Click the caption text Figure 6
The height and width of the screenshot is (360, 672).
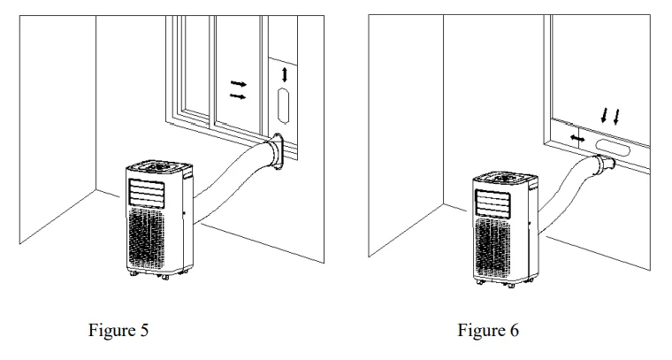point(490,332)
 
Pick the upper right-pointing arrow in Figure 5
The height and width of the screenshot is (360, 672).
point(238,83)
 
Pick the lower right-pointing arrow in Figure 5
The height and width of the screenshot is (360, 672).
point(238,96)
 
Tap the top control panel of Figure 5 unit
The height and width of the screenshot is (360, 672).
point(157,166)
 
